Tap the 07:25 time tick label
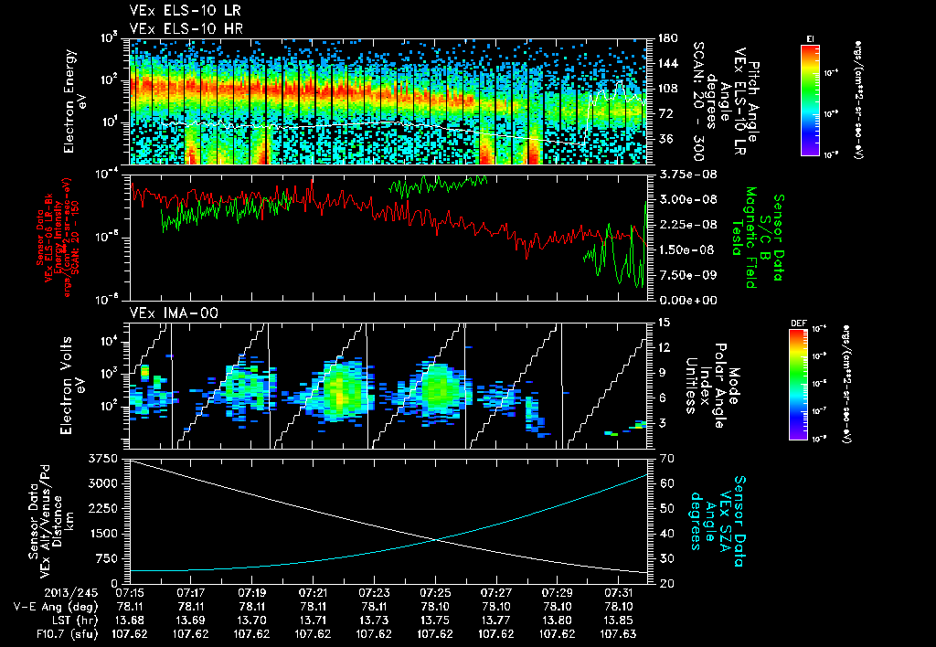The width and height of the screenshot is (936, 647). pyautogui.click(x=435, y=593)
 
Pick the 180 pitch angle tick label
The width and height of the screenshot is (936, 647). pyautogui.click(x=665, y=37)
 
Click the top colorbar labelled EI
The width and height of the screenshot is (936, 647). pyautogui.click(x=810, y=101)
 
